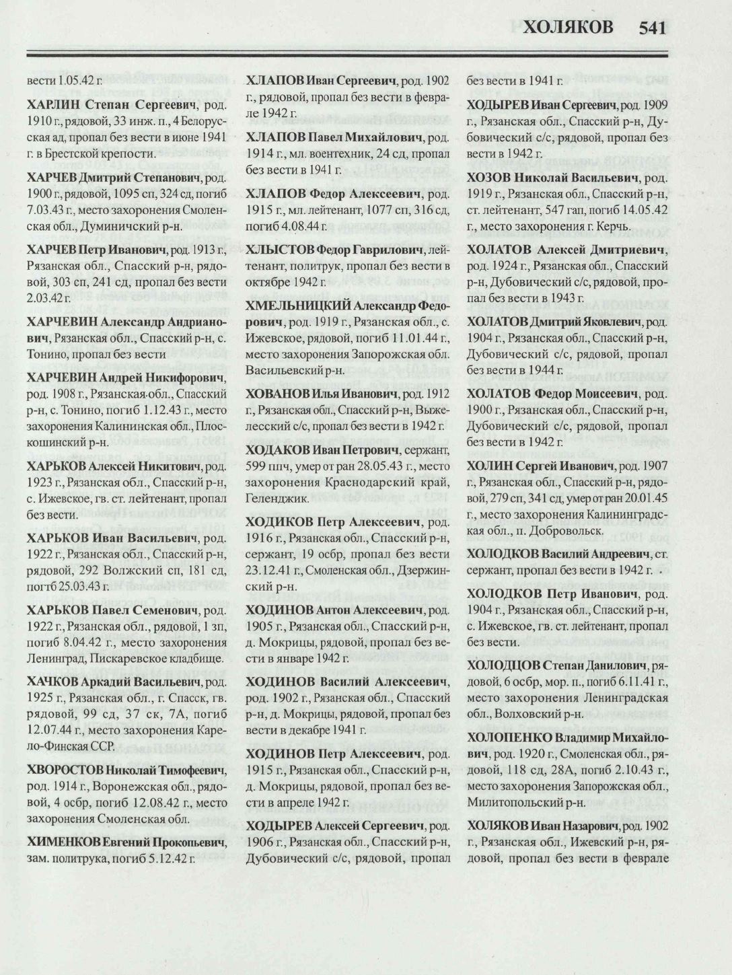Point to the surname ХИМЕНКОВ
[x=65, y=842]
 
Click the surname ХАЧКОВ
[x=55, y=682]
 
